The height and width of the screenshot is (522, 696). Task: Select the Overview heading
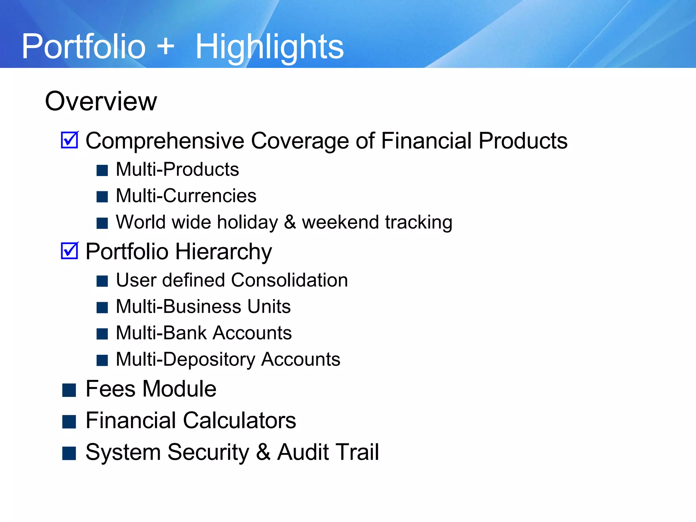(101, 101)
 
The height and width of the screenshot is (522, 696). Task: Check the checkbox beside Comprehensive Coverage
(70, 140)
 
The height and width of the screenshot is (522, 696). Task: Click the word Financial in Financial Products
(426, 140)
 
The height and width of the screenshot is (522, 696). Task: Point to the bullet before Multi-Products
(102, 170)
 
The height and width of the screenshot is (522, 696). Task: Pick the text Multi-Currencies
(186, 196)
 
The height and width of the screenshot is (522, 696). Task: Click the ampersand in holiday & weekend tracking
(290, 222)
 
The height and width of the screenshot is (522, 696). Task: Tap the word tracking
(419, 223)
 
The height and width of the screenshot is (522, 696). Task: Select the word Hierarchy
(223, 252)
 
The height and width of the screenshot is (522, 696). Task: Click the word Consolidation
(289, 280)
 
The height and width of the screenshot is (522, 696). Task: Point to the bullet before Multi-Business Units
(102, 307)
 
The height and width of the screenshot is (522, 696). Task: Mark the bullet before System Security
(69, 453)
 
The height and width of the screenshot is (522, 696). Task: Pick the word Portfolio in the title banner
(84, 47)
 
